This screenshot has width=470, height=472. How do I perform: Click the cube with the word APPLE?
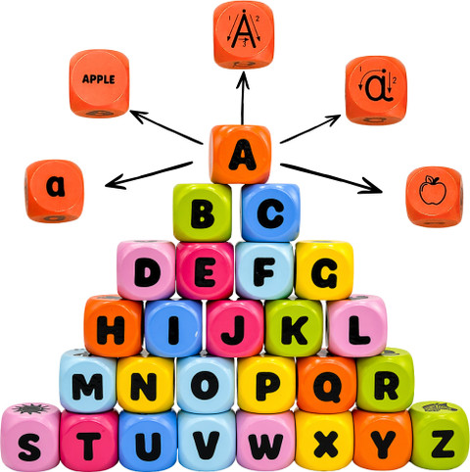[x=99, y=83]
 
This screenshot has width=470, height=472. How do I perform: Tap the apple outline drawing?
[x=433, y=190]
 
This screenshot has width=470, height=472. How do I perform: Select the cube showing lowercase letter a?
[x=54, y=191]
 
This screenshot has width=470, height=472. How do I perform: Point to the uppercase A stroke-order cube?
[x=244, y=34]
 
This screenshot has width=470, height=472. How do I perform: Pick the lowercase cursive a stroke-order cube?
[x=376, y=90]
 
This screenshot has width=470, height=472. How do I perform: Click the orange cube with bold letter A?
[x=241, y=155]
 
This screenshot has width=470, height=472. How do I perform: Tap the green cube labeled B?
[x=203, y=212]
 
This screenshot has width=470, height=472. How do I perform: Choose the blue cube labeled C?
[x=270, y=212]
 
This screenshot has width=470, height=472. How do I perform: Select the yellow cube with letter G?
[x=324, y=270]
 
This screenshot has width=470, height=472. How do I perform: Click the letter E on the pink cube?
[x=205, y=272]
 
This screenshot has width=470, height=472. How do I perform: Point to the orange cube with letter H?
[x=114, y=326]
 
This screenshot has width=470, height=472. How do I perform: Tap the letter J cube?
[x=235, y=328]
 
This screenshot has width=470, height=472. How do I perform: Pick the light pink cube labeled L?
[x=356, y=326]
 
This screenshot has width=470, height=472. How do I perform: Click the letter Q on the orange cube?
[x=327, y=388]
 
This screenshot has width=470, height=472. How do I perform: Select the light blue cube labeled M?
[x=88, y=381]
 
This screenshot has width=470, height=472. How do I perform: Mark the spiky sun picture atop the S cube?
[x=30, y=408]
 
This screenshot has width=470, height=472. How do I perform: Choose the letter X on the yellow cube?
[x=326, y=445]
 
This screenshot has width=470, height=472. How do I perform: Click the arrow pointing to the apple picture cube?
[x=331, y=178]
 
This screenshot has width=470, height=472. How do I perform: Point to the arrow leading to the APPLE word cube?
[x=165, y=127]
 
